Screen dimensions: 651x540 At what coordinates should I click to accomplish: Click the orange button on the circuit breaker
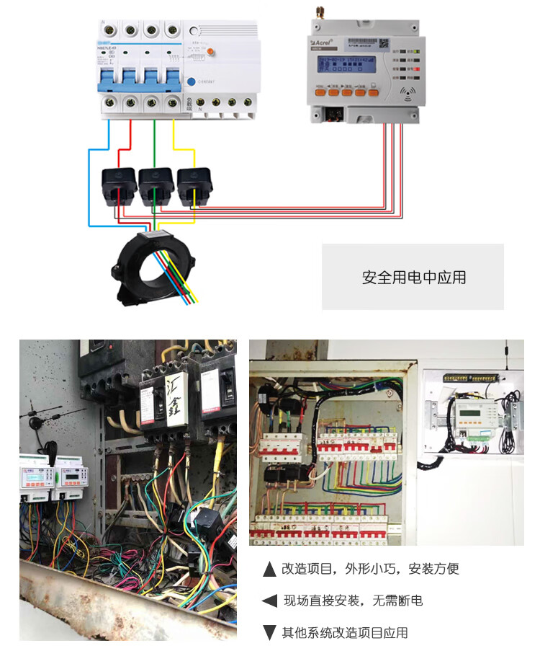(x=208, y=50)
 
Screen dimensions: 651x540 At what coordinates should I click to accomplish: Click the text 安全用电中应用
(x=413, y=278)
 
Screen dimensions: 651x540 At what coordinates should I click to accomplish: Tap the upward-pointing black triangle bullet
(x=270, y=570)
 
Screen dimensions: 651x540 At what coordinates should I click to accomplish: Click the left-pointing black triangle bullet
(x=270, y=601)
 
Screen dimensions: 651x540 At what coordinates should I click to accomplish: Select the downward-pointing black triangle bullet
(x=270, y=633)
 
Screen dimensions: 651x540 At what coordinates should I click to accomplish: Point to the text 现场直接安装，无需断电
(x=353, y=601)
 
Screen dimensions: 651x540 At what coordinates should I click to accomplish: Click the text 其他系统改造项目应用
(x=345, y=633)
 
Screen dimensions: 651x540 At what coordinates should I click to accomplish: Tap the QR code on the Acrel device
(x=384, y=44)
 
